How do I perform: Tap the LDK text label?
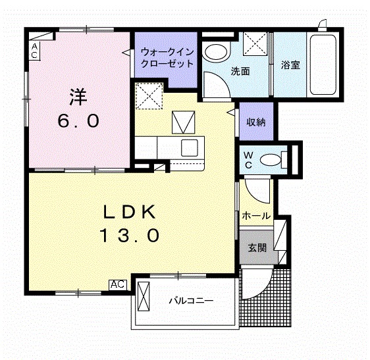129,212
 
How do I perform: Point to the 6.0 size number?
78,121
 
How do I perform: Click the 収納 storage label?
256,122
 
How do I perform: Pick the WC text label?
248,160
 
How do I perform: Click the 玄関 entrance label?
257,248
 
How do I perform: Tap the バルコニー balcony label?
190,301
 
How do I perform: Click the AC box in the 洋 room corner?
34,50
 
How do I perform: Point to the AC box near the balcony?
118,284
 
